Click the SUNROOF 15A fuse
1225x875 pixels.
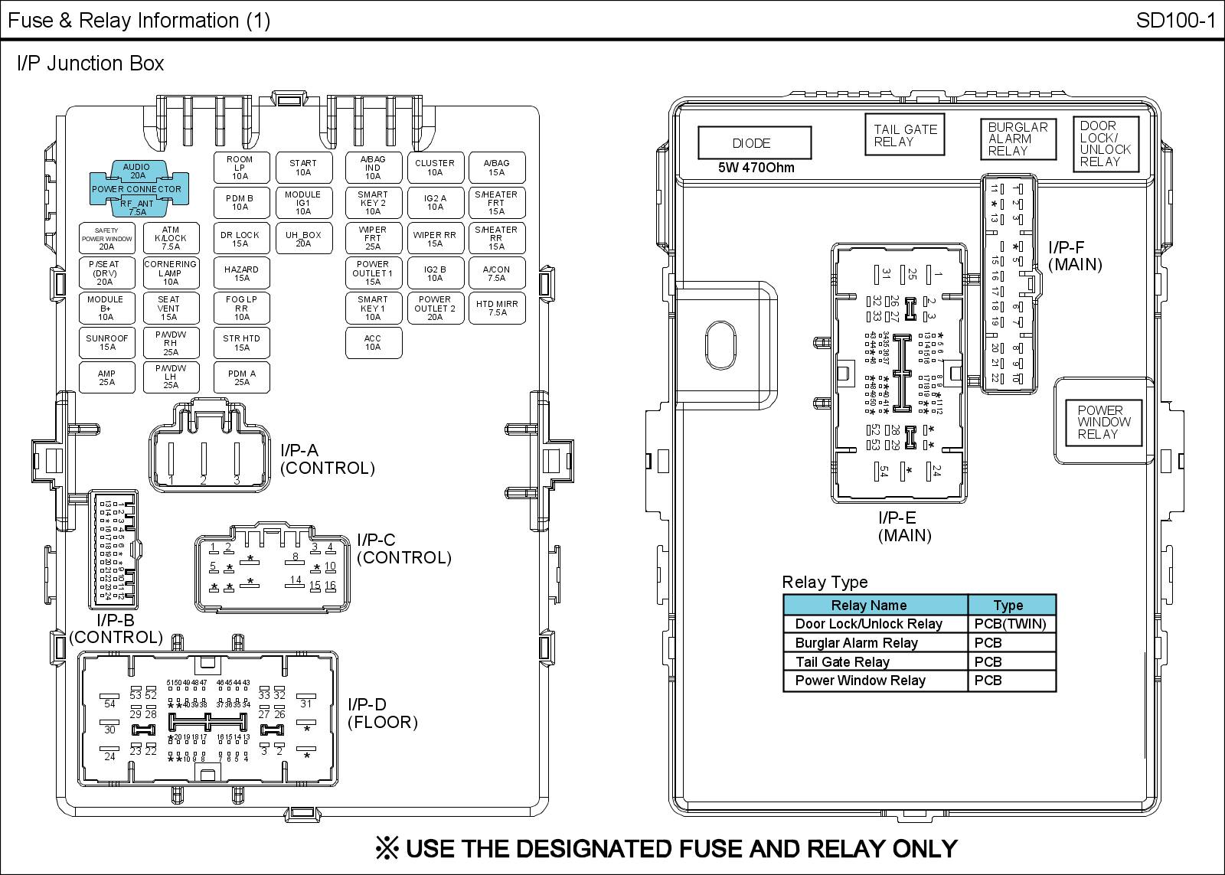pyautogui.click(x=107, y=343)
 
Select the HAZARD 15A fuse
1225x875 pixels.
pyautogui.click(x=241, y=273)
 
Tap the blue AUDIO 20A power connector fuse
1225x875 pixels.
pyautogui.click(x=137, y=171)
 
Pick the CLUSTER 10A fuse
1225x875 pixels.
pyautogui.click(x=435, y=168)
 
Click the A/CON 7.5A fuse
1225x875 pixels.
pyautogui.click(x=497, y=273)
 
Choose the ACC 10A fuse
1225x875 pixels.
pyautogui.click(x=373, y=343)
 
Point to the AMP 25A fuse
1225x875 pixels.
pyautogui.click(x=107, y=378)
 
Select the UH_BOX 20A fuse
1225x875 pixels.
pyautogui.click(x=303, y=239)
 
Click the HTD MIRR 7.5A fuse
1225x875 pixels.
pyautogui.click(x=497, y=308)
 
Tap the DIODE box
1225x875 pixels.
pyautogui.click(x=753, y=143)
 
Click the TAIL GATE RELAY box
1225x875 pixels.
pyautogui.click(x=905, y=135)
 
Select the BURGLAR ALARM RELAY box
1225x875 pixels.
pyautogui.click(x=1018, y=139)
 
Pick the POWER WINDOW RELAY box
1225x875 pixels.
pyautogui.click(x=1103, y=422)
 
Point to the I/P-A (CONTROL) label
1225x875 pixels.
pyautogui.click(x=327, y=459)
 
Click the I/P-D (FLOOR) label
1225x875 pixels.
pyautogui.click(x=382, y=713)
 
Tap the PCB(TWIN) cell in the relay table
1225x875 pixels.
pyautogui.click(x=1010, y=624)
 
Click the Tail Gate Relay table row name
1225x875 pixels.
pyautogui.click(x=842, y=662)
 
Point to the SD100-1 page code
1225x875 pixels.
pyautogui.click(x=1175, y=21)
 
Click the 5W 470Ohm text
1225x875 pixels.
pyautogui.click(x=756, y=168)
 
